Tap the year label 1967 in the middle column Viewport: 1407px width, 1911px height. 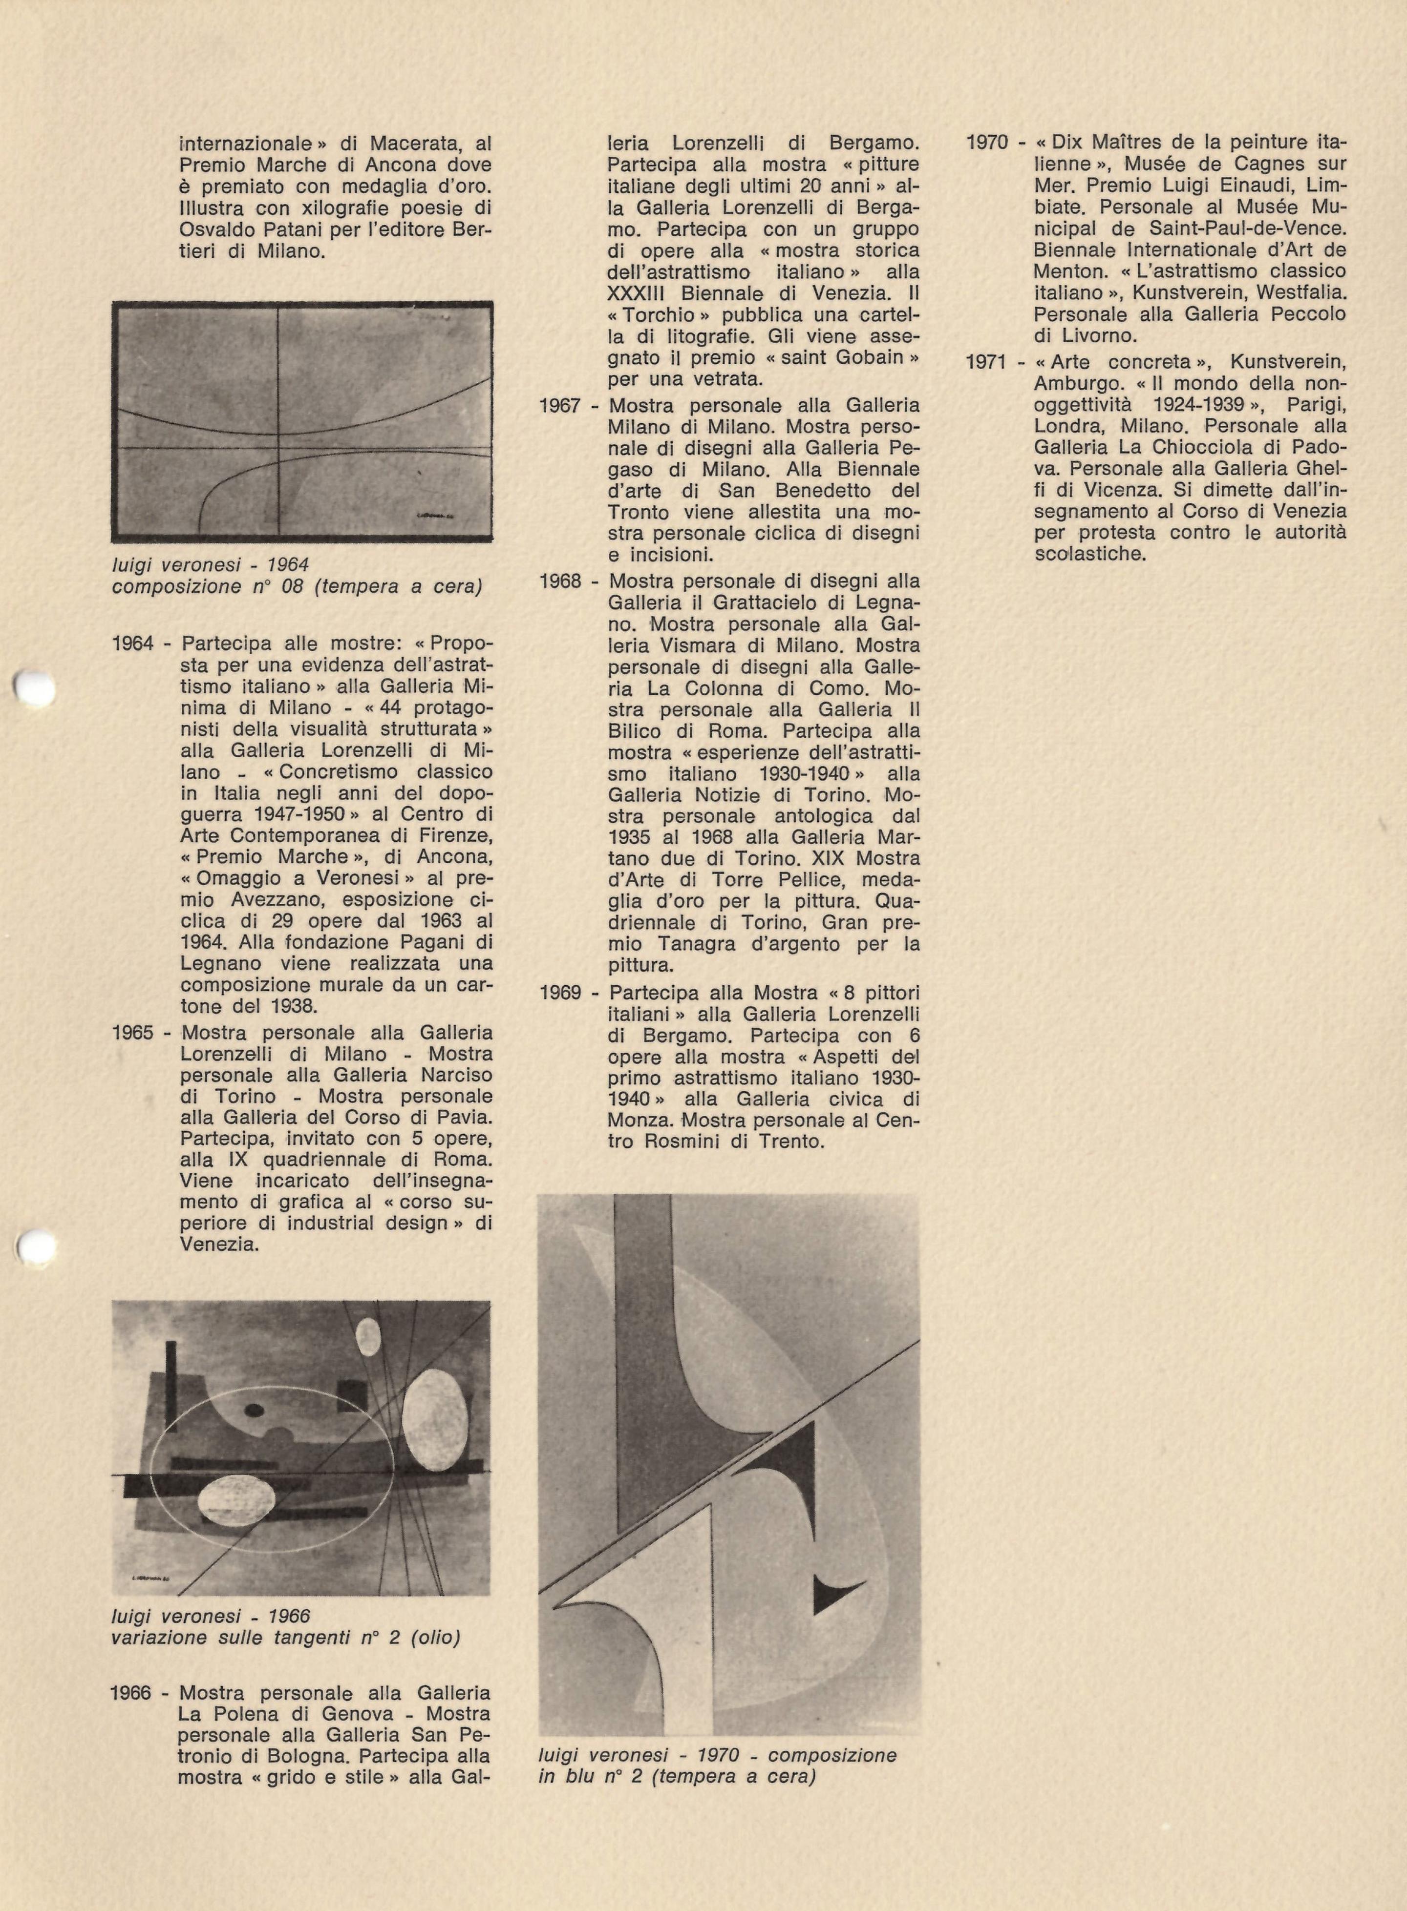[559, 405]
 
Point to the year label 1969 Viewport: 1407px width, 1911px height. [559, 993]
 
